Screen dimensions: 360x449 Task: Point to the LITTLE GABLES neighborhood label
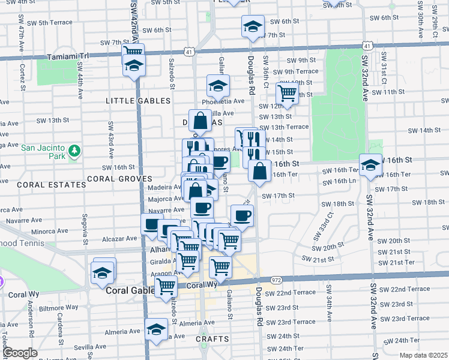pos(138,101)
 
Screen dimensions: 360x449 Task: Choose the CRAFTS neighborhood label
pos(212,339)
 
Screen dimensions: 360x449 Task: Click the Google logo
pos(20,353)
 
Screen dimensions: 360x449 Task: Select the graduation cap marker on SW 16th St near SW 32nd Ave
pos(370,164)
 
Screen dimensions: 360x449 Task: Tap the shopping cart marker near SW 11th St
pos(287,93)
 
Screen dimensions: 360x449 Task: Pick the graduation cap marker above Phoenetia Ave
pos(218,85)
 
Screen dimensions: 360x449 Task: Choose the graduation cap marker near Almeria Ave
pos(156,329)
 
